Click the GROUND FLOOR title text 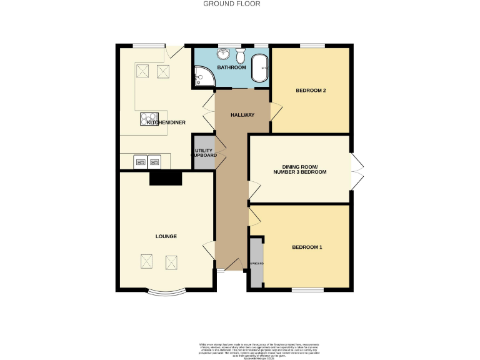click(232, 4)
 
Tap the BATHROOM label click(231, 67)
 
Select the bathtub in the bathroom click(259, 67)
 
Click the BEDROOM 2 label click(311, 91)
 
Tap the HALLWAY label click(242, 115)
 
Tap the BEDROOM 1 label click(307, 247)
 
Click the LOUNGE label click(166, 236)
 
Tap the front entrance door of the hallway click(233, 266)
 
